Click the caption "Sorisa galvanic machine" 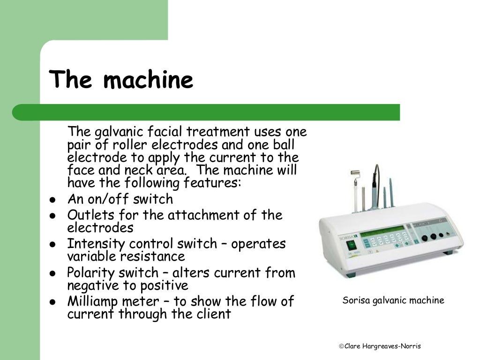click(393, 300)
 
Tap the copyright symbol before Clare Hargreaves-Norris click(341, 346)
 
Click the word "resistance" click(152, 257)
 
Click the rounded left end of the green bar click(19, 112)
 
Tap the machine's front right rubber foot click(448, 253)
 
